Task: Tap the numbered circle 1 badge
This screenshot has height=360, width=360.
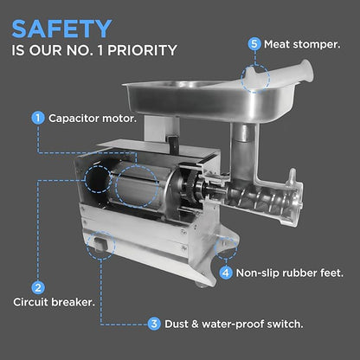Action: coord(38,117)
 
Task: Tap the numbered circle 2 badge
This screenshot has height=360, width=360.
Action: coord(38,286)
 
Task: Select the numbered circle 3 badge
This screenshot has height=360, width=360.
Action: coord(153,324)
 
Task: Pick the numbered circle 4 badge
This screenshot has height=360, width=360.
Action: coord(226,273)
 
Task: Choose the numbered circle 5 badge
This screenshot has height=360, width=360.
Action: coord(254,43)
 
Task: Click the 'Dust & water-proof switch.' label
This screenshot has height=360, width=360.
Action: coord(234,324)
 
